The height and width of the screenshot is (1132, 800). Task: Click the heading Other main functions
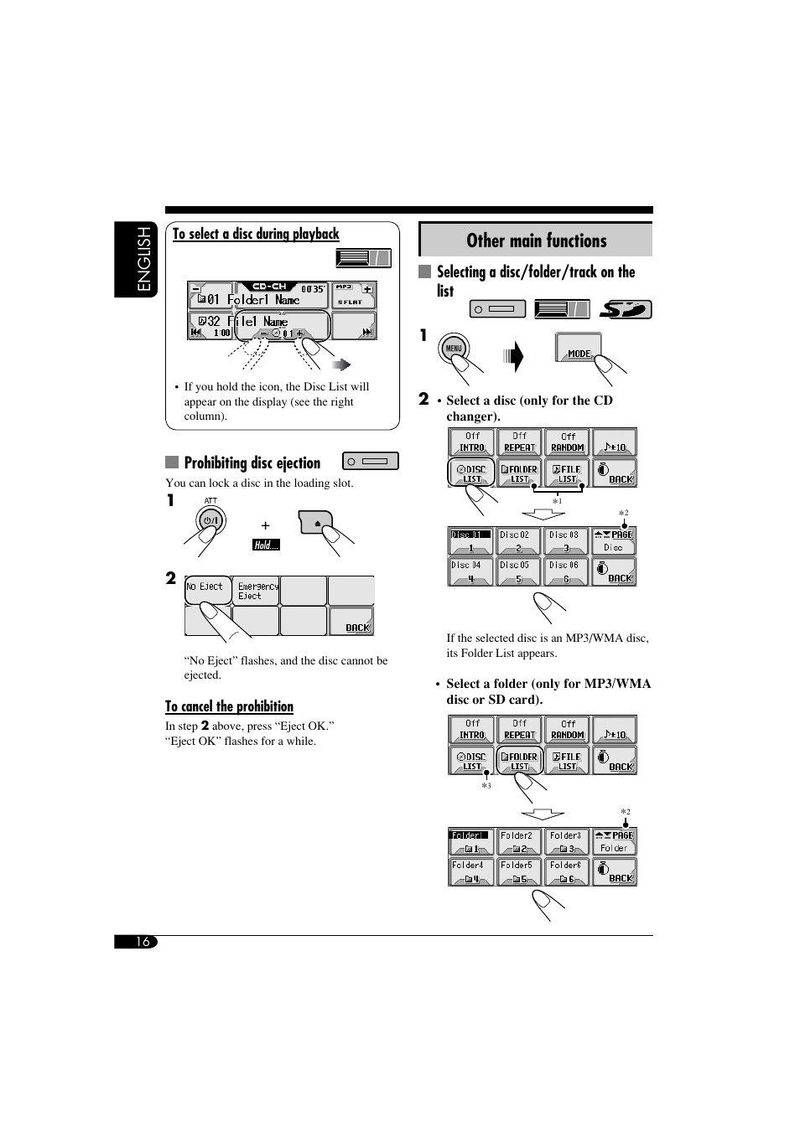point(536,240)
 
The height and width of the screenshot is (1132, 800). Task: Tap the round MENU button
point(454,349)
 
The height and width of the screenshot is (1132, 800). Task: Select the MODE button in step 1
point(579,348)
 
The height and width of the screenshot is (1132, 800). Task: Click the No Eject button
point(206,590)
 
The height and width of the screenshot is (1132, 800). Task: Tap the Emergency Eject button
point(257,591)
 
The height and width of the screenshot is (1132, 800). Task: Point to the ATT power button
point(210,520)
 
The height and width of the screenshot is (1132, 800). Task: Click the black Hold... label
point(267,545)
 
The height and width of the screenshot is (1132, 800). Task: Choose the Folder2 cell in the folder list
point(517,842)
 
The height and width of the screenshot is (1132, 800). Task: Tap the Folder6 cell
point(566,871)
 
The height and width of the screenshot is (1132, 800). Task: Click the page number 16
point(143,942)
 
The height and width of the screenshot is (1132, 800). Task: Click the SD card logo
point(626,309)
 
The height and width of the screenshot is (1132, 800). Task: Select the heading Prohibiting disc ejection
point(252,463)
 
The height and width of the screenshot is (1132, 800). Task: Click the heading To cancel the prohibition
point(229,706)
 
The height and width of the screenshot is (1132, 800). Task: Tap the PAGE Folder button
point(615,842)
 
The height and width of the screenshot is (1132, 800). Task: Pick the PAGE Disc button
point(615,541)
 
